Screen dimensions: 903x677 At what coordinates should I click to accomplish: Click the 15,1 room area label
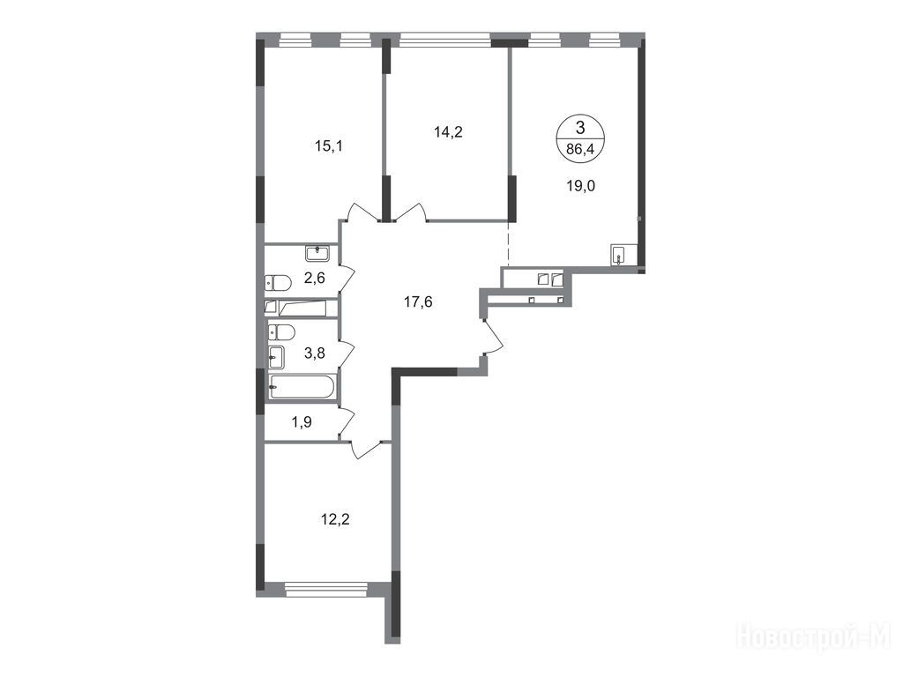329,145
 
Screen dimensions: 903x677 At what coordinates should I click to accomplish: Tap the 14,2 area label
448,132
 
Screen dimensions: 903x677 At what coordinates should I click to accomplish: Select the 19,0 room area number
580,186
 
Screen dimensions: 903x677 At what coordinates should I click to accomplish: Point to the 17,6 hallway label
418,301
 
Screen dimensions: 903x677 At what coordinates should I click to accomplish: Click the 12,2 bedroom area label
335,520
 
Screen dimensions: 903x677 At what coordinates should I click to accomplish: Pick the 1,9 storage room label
302,422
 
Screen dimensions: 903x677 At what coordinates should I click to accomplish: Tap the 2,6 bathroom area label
315,278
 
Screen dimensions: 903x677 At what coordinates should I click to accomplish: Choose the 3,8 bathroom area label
315,353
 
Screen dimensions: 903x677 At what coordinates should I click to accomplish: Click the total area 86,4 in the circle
580,150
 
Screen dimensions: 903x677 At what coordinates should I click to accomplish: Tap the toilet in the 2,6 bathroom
278,283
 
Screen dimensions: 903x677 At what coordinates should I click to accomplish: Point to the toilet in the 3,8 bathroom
281,332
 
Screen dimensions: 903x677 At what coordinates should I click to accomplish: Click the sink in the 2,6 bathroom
317,252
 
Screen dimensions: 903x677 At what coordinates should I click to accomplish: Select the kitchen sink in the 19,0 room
618,255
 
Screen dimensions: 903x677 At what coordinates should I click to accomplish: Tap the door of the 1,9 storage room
346,422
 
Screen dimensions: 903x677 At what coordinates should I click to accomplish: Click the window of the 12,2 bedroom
326,588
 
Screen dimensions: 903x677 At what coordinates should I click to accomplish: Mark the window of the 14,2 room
445,40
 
